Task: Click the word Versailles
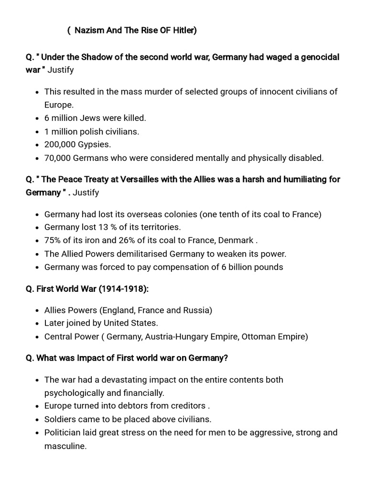147,180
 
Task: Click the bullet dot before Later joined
38,324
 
